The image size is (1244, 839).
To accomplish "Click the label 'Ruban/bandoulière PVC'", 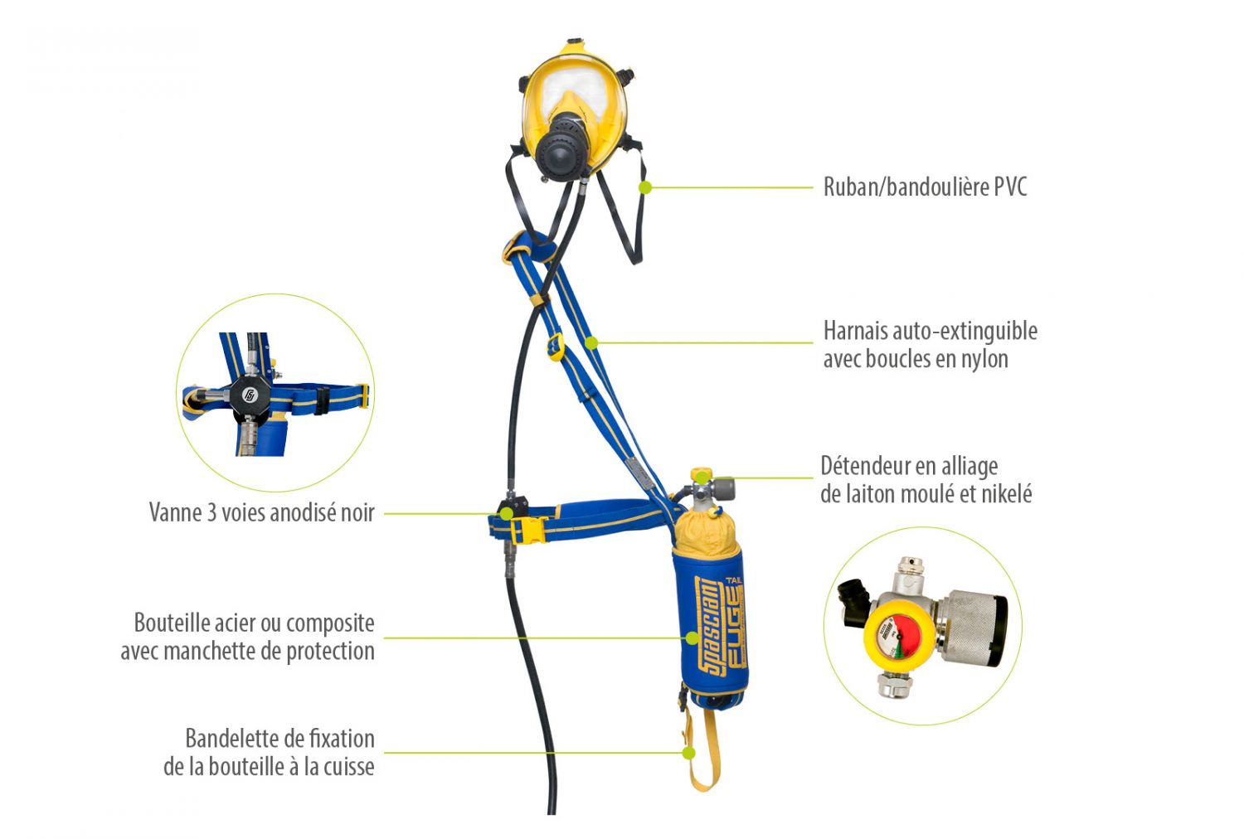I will tap(925, 187).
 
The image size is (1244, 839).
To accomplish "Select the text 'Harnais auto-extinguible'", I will tap(930, 331).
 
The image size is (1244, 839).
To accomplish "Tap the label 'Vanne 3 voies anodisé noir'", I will tap(261, 512).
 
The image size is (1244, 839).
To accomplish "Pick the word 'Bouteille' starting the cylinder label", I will tap(171, 623).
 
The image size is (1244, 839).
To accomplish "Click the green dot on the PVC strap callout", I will tap(644, 187).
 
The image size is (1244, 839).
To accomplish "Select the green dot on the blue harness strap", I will tap(591, 342).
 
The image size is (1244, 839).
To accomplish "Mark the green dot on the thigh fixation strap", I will tap(688, 753).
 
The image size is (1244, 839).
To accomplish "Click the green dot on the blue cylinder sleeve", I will tap(691, 638).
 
